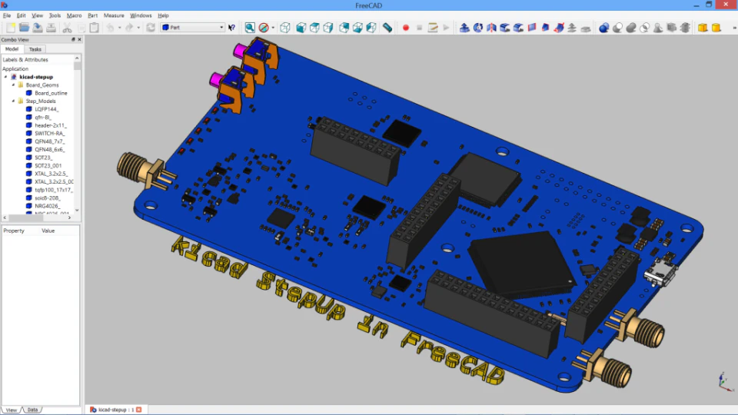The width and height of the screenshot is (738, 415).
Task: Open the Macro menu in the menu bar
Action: click(x=74, y=15)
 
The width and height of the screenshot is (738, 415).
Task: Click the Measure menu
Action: click(x=114, y=15)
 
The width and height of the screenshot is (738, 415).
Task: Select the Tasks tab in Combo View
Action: click(x=35, y=49)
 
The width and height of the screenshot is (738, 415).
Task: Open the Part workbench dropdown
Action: click(x=192, y=28)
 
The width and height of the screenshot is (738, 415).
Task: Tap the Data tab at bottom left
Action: click(x=32, y=410)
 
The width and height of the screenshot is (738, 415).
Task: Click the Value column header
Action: click(x=48, y=231)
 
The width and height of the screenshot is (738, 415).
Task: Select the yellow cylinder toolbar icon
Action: click(x=716, y=28)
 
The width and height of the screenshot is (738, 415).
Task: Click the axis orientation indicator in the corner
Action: click(x=723, y=381)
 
